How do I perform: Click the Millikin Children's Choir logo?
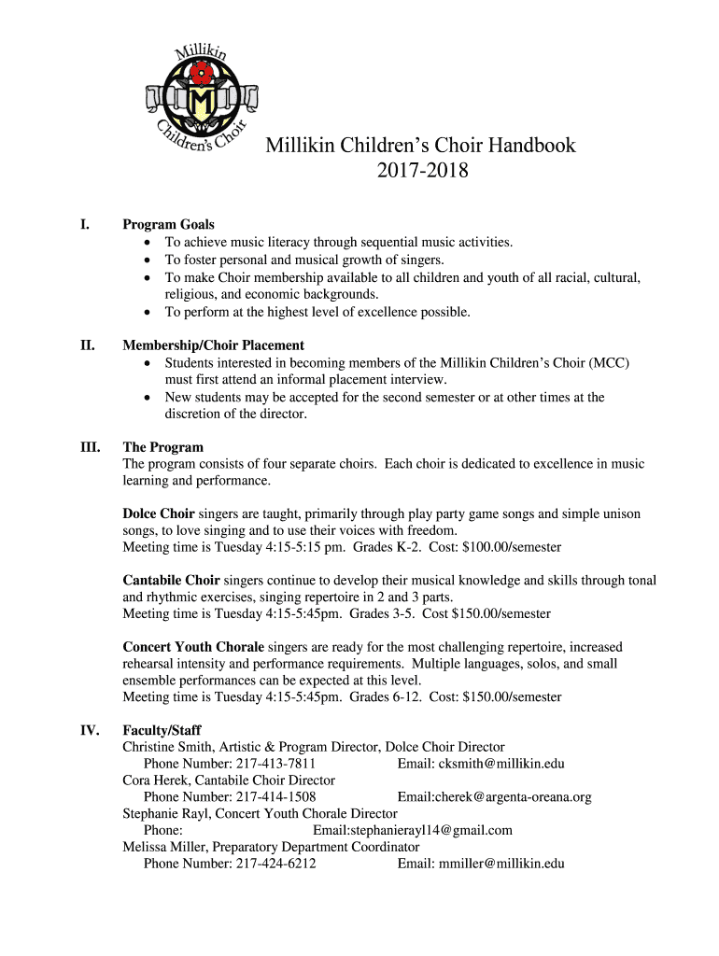coord(197,99)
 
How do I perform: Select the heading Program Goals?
coord(168,225)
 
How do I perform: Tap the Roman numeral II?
coord(88,345)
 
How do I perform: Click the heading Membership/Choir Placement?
coord(213,345)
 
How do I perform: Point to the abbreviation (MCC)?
coord(609,362)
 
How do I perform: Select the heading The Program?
coord(162,447)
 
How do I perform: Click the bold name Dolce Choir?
coord(159,513)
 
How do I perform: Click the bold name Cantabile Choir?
coord(171,581)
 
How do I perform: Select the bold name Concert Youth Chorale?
coord(193,647)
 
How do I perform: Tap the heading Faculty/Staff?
coord(162,730)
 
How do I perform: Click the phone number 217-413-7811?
coord(275,764)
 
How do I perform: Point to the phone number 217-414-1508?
coord(275,797)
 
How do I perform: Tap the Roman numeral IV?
coord(90,730)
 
